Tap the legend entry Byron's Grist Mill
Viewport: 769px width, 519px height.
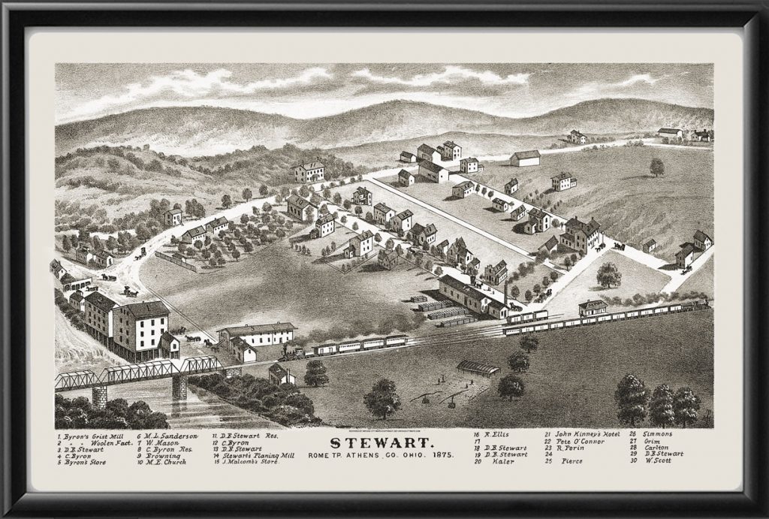point(93,436)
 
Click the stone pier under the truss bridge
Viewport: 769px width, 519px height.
point(179,387)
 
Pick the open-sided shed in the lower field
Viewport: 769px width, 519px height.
point(478,368)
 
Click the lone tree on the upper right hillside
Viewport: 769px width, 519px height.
point(657,167)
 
